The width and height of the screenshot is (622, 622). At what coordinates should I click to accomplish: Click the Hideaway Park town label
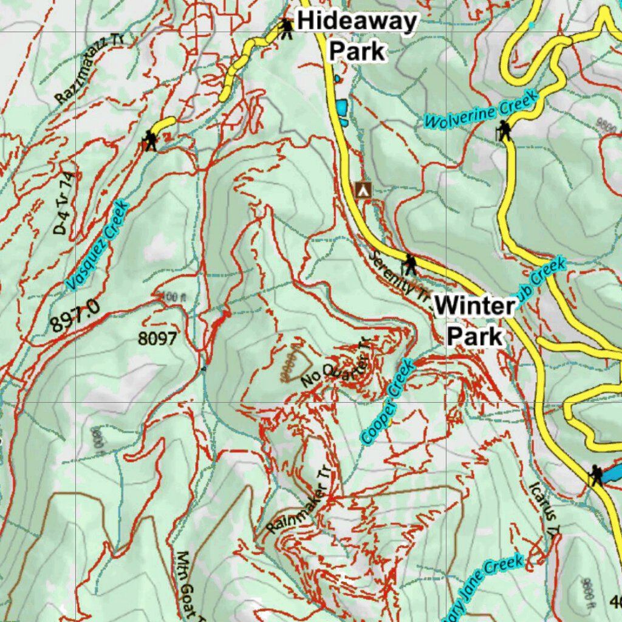(x=357, y=36)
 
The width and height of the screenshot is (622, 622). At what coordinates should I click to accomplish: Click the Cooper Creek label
(x=388, y=402)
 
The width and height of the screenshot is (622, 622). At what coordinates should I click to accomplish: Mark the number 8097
(x=157, y=338)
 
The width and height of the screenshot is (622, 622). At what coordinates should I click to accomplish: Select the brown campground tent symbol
(x=364, y=189)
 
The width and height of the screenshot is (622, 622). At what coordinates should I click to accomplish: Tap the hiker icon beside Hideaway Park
(x=286, y=27)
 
